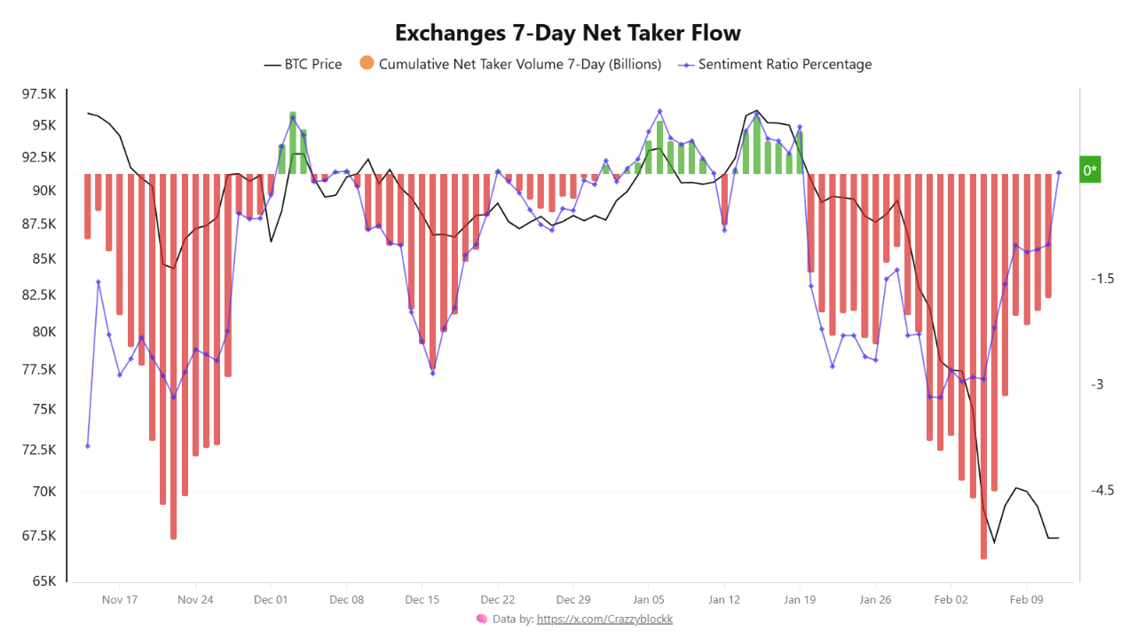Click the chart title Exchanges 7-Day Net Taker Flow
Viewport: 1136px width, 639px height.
tap(567, 33)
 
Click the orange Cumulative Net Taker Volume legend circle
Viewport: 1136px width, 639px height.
tap(367, 63)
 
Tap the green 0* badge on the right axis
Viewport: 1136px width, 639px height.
tap(1090, 170)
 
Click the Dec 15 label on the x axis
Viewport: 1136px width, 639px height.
tap(422, 600)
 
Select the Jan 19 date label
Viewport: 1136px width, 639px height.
tap(800, 600)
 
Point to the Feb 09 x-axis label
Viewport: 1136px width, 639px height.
tap(1026, 600)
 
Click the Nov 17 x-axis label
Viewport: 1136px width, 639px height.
tap(120, 600)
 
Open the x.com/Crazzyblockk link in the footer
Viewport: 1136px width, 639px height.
tap(604, 619)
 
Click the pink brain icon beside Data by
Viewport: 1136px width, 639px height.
tap(481, 619)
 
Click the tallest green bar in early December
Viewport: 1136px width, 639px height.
tap(293, 142)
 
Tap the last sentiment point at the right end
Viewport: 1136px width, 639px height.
tap(1059, 173)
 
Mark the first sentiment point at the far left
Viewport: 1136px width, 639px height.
tap(87, 446)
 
